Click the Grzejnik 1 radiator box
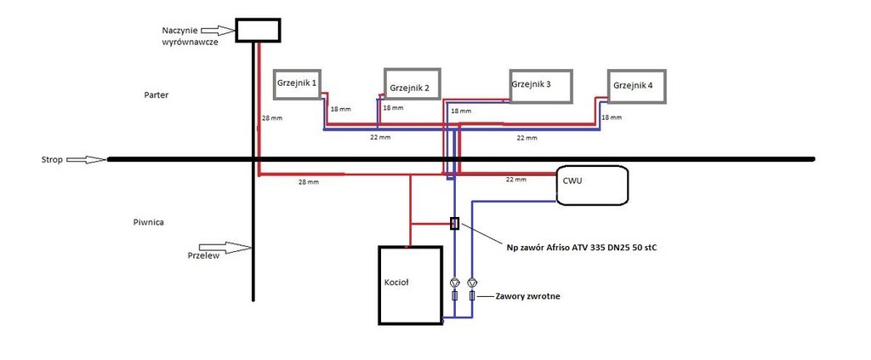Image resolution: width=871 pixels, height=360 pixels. (297, 85)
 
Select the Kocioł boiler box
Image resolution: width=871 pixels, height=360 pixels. (411, 284)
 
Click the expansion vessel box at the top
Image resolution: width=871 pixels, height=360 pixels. (257, 30)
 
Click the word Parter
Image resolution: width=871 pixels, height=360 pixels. (157, 95)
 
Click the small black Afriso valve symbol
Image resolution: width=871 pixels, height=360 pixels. (454, 224)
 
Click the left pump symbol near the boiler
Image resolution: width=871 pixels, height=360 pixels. (454, 282)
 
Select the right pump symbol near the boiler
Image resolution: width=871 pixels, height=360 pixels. (473, 282)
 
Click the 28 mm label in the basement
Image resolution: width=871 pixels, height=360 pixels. (308, 182)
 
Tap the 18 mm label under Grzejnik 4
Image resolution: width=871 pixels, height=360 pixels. (612, 117)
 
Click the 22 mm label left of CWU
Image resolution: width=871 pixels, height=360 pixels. (516, 179)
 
